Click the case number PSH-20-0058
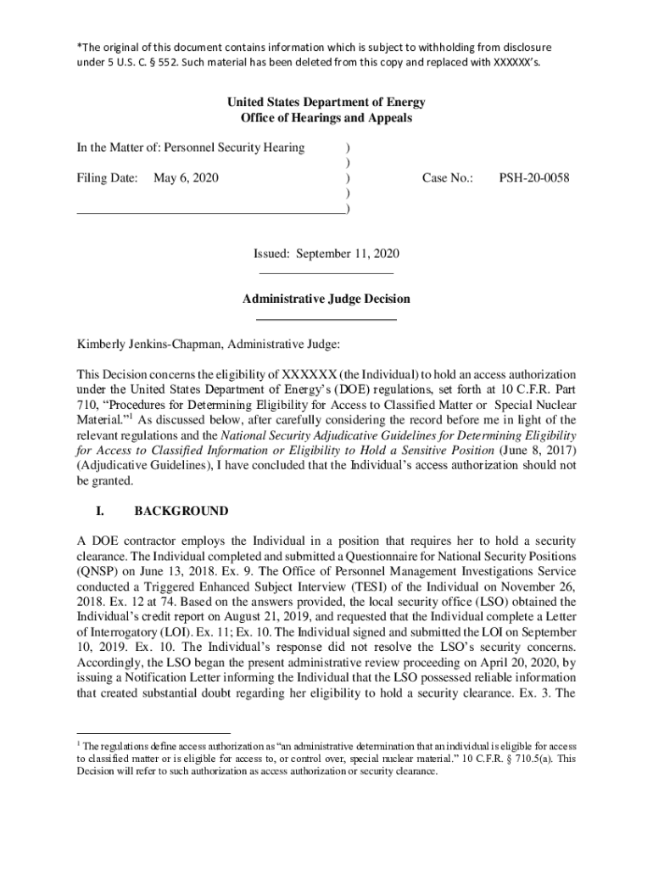coord(533,178)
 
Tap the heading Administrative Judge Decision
coord(326,299)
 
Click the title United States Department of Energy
coord(326,103)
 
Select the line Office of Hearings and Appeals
coord(326,118)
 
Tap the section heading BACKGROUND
coord(181,511)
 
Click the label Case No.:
coord(448,178)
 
